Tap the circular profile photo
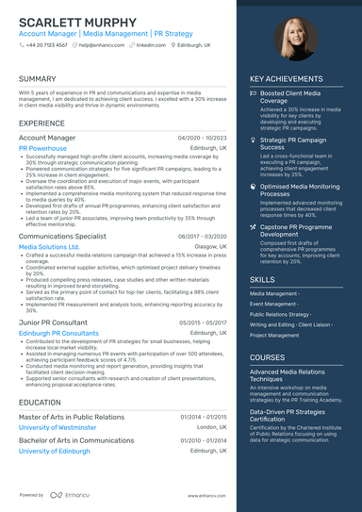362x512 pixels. pos(296,39)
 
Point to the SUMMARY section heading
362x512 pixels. pos(38,79)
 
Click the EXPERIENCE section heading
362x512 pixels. pos(41,124)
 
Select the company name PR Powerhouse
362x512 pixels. pos(42,149)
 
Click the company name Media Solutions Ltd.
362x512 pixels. pos(49,247)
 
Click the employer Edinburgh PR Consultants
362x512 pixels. pos(58,334)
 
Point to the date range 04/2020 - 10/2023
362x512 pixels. pos(203,138)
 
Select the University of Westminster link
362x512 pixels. pos(58,427)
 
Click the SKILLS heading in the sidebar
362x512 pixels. pos(263,280)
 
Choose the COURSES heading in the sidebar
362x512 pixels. pos(268,358)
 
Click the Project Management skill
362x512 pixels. pos(274,336)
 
